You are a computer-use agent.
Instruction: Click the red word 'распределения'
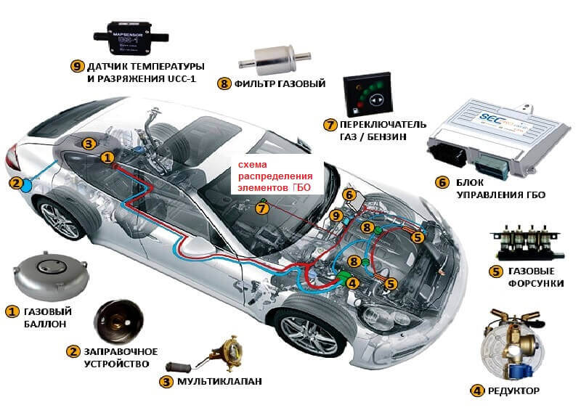point(277,176)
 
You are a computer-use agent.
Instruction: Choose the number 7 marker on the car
point(262,208)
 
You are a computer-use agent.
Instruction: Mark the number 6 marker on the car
point(349,195)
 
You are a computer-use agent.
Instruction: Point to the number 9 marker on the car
point(335,216)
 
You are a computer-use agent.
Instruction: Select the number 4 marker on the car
point(352,282)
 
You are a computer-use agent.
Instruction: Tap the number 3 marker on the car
point(88,144)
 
